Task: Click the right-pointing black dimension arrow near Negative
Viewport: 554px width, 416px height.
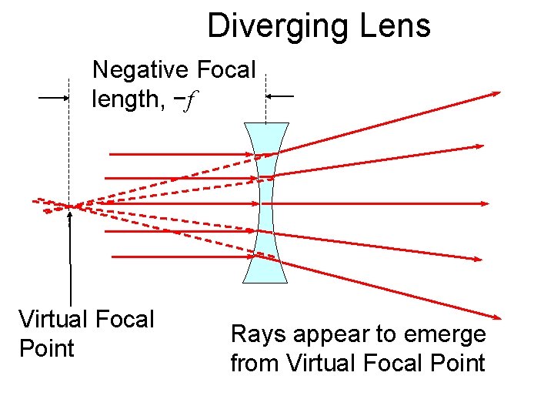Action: (55, 98)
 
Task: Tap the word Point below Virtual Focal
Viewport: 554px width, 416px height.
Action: (46, 348)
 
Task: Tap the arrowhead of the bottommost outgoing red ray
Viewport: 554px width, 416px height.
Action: (496, 317)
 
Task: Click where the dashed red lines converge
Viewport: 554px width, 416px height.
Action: (70, 206)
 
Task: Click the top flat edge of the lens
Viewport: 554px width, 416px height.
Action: (265, 124)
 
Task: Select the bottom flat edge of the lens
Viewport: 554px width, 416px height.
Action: (265, 282)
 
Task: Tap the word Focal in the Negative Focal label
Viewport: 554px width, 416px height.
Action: (225, 70)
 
